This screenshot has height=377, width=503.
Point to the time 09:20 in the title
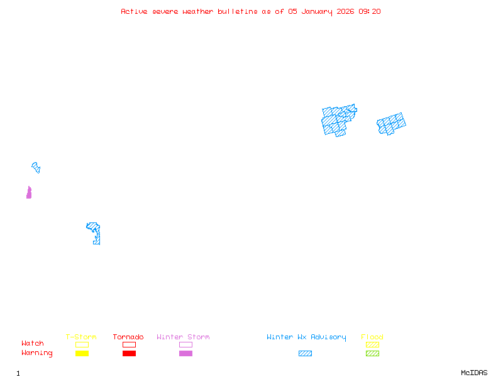tap(370, 11)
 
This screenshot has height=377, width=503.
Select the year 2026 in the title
tap(345, 11)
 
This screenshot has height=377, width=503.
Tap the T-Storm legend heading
tap(81, 337)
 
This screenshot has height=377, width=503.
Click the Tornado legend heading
tap(128, 337)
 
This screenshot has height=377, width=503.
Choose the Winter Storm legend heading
tap(183, 337)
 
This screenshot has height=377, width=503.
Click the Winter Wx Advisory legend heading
tap(306, 337)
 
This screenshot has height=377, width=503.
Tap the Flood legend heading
tap(372, 337)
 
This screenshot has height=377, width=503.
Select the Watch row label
tap(33, 344)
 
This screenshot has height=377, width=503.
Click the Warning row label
tap(37, 353)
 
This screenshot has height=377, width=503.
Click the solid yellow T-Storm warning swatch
tap(82, 354)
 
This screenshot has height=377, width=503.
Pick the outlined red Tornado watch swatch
tap(129, 344)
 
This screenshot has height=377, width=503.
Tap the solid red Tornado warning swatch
tap(129, 354)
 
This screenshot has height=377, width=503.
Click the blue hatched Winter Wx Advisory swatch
tap(305, 354)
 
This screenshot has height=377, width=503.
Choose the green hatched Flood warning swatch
tap(372, 354)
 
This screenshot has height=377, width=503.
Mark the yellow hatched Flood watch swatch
tap(372, 344)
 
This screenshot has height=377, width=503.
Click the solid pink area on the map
tap(29, 193)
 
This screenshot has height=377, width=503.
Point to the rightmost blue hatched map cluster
tap(391, 124)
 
